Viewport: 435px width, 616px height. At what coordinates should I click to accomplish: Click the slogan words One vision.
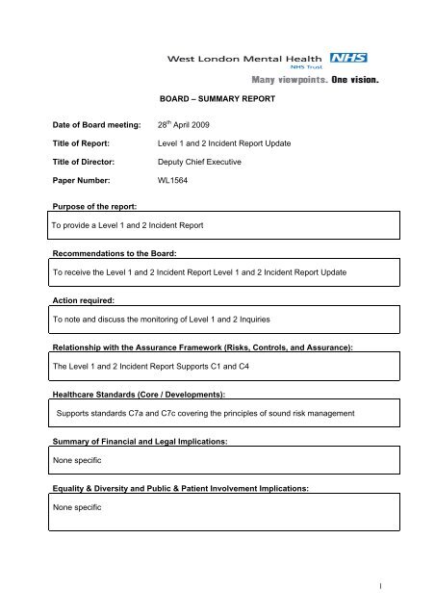click(x=354, y=81)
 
